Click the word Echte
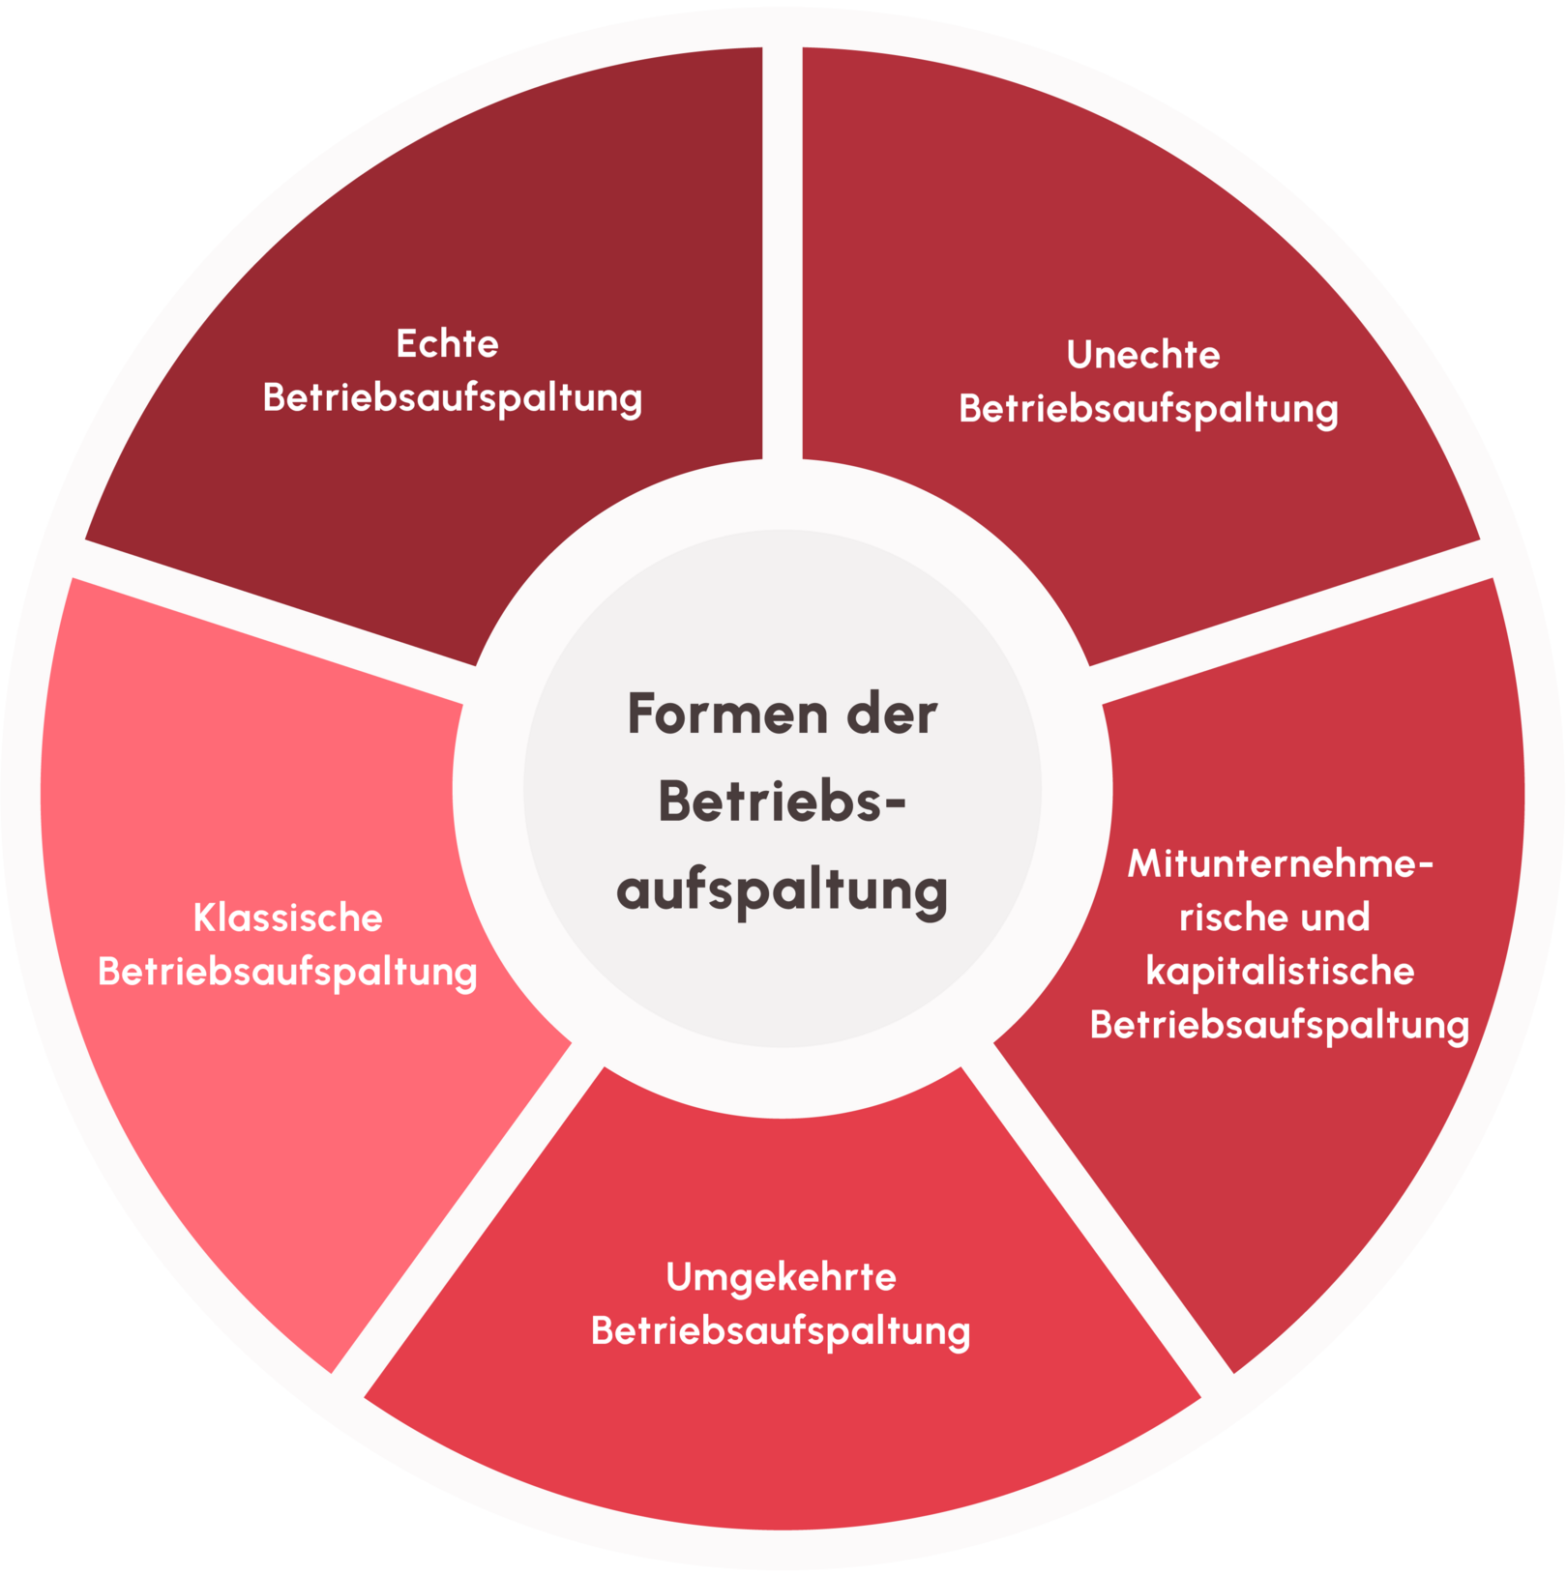point(447,344)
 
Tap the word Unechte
point(1143,355)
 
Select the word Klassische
point(287,918)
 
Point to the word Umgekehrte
point(782,1278)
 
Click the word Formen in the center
point(728,714)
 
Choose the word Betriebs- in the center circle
point(782,802)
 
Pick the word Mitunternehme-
point(1281,863)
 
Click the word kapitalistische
point(1280,971)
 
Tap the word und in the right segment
point(1335,918)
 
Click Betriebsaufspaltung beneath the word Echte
point(452,398)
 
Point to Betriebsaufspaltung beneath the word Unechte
point(1148,409)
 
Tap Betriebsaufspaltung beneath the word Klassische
point(287,972)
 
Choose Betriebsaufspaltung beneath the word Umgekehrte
point(781,1331)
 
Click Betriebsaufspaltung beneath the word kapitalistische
point(1280,1025)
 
